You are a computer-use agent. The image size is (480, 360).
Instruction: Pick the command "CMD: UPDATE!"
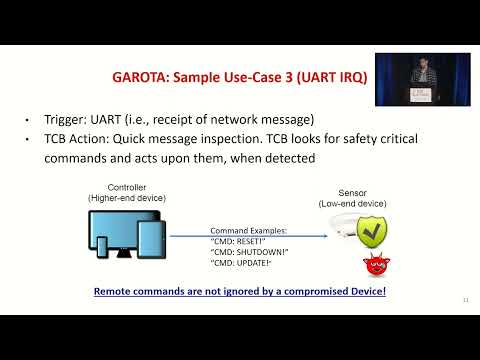click(240, 263)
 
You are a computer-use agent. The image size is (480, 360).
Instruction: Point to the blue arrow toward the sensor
click(250, 236)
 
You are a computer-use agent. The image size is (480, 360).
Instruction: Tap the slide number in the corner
click(465, 299)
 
